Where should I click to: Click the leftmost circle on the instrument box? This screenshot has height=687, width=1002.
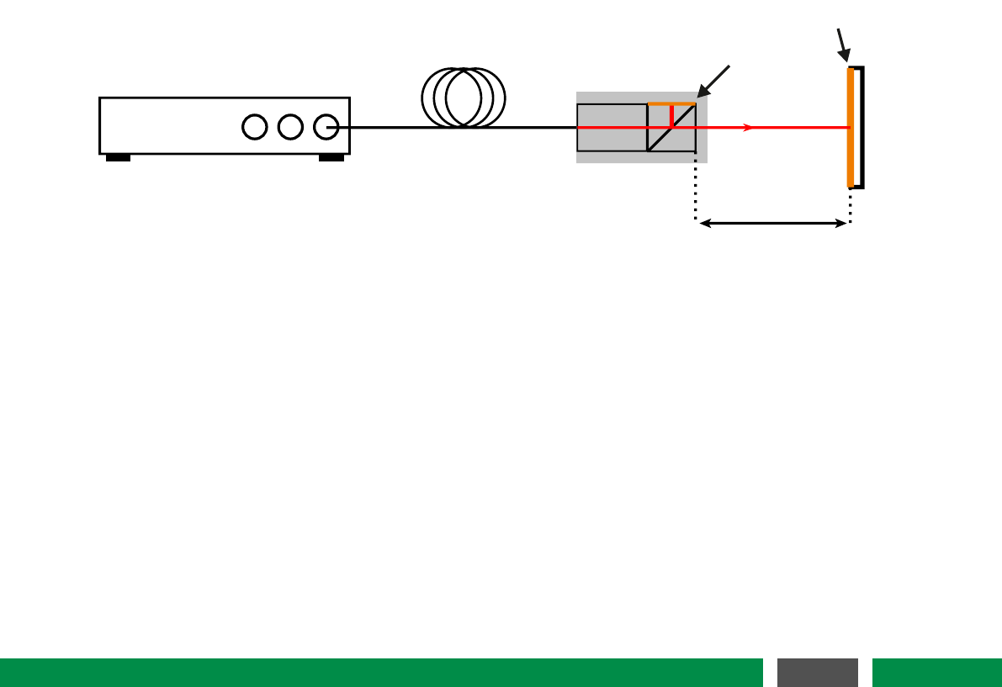click(x=254, y=127)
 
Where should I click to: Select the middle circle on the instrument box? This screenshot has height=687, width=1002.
click(x=290, y=127)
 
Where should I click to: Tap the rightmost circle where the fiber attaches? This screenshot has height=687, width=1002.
click(x=326, y=127)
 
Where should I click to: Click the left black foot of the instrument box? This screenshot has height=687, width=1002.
click(x=118, y=157)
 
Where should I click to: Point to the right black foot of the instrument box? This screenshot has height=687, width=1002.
click(x=331, y=157)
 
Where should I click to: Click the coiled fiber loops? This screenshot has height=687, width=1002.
click(x=464, y=98)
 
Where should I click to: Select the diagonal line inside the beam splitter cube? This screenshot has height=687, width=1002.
click(x=660, y=138)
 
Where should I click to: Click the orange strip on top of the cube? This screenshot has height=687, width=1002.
click(x=671, y=103)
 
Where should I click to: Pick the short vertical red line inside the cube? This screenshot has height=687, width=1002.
click(x=671, y=115)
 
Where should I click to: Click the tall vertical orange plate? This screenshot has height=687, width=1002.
click(x=851, y=127)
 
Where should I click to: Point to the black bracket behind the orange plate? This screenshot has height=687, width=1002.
click(x=859, y=127)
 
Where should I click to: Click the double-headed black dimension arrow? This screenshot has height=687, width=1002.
click(x=773, y=223)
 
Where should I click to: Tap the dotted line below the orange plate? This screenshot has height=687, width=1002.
click(x=851, y=204)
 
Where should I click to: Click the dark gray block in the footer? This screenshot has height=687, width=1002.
click(x=817, y=672)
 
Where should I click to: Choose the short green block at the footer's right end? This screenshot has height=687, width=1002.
click(x=936, y=672)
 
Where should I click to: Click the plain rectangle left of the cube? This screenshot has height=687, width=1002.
click(x=612, y=127)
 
